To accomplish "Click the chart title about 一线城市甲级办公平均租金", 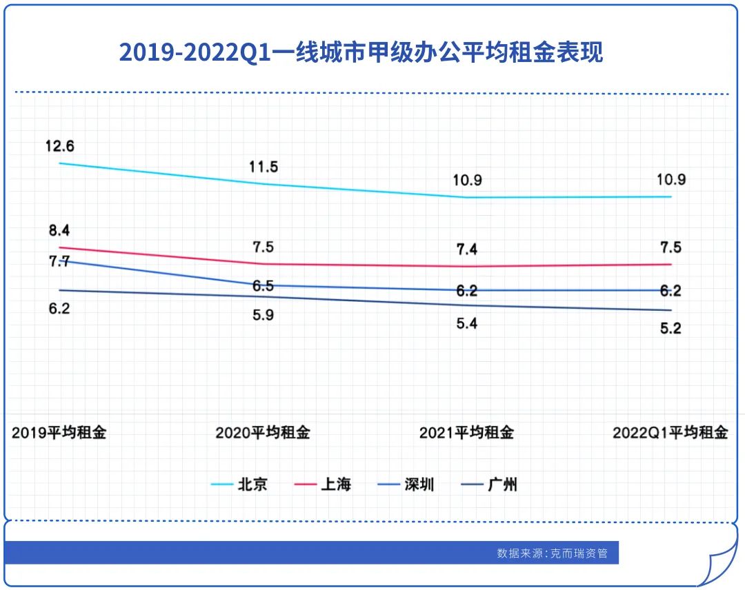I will tap(361, 52).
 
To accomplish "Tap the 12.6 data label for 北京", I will tap(60, 146).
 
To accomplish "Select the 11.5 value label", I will tap(264, 167).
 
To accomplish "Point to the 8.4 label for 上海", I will tap(59, 230).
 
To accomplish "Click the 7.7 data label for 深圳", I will tap(59, 261).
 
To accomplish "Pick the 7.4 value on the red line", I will tap(467, 250).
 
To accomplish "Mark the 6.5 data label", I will tap(263, 285).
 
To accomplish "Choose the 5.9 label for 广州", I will tap(263, 315).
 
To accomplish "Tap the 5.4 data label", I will tap(467, 323).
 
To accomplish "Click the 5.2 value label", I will tap(670, 328).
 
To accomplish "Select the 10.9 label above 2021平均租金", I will tap(467, 181).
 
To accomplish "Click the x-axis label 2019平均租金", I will tap(59, 433).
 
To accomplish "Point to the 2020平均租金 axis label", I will tap(263, 433).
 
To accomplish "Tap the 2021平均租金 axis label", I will tap(467, 433).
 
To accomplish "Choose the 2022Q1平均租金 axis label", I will tap(670, 433).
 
